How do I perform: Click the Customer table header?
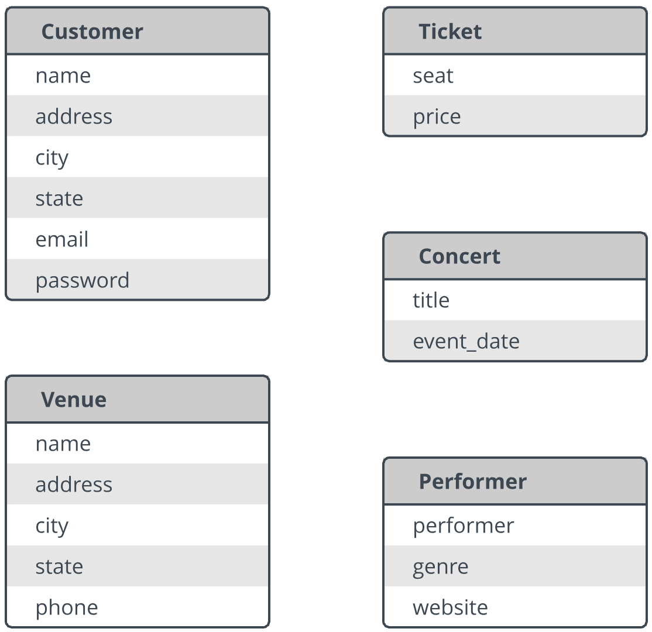(92, 32)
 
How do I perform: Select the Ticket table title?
(450, 32)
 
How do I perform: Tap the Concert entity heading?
(459, 256)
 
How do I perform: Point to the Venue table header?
(74, 400)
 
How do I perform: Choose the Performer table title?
(473, 482)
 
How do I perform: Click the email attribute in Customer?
(62, 239)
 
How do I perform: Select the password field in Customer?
(83, 281)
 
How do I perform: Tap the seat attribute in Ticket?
(433, 75)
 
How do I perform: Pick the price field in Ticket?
(437, 117)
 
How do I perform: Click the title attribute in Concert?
(431, 300)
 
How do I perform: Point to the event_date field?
(466, 341)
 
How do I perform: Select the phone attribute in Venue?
(67, 608)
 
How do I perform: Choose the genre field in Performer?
(440, 567)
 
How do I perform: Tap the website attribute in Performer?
(450, 607)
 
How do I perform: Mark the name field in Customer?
(63, 75)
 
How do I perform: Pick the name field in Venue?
(63, 444)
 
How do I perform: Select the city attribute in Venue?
(52, 527)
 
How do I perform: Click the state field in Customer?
(59, 198)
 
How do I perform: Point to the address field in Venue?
(74, 485)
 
